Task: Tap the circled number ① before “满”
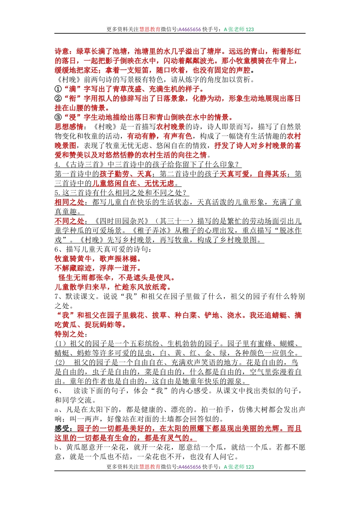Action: [58, 89]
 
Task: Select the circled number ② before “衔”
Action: [58, 98]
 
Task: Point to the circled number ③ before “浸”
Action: [58, 117]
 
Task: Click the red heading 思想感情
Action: [69, 127]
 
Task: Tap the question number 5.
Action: [57, 193]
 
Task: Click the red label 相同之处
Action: [69, 202]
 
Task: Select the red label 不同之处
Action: [69, 221]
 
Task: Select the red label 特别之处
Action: [69, 334]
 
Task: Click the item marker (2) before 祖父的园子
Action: [60, 362]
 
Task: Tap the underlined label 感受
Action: [62, 429]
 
